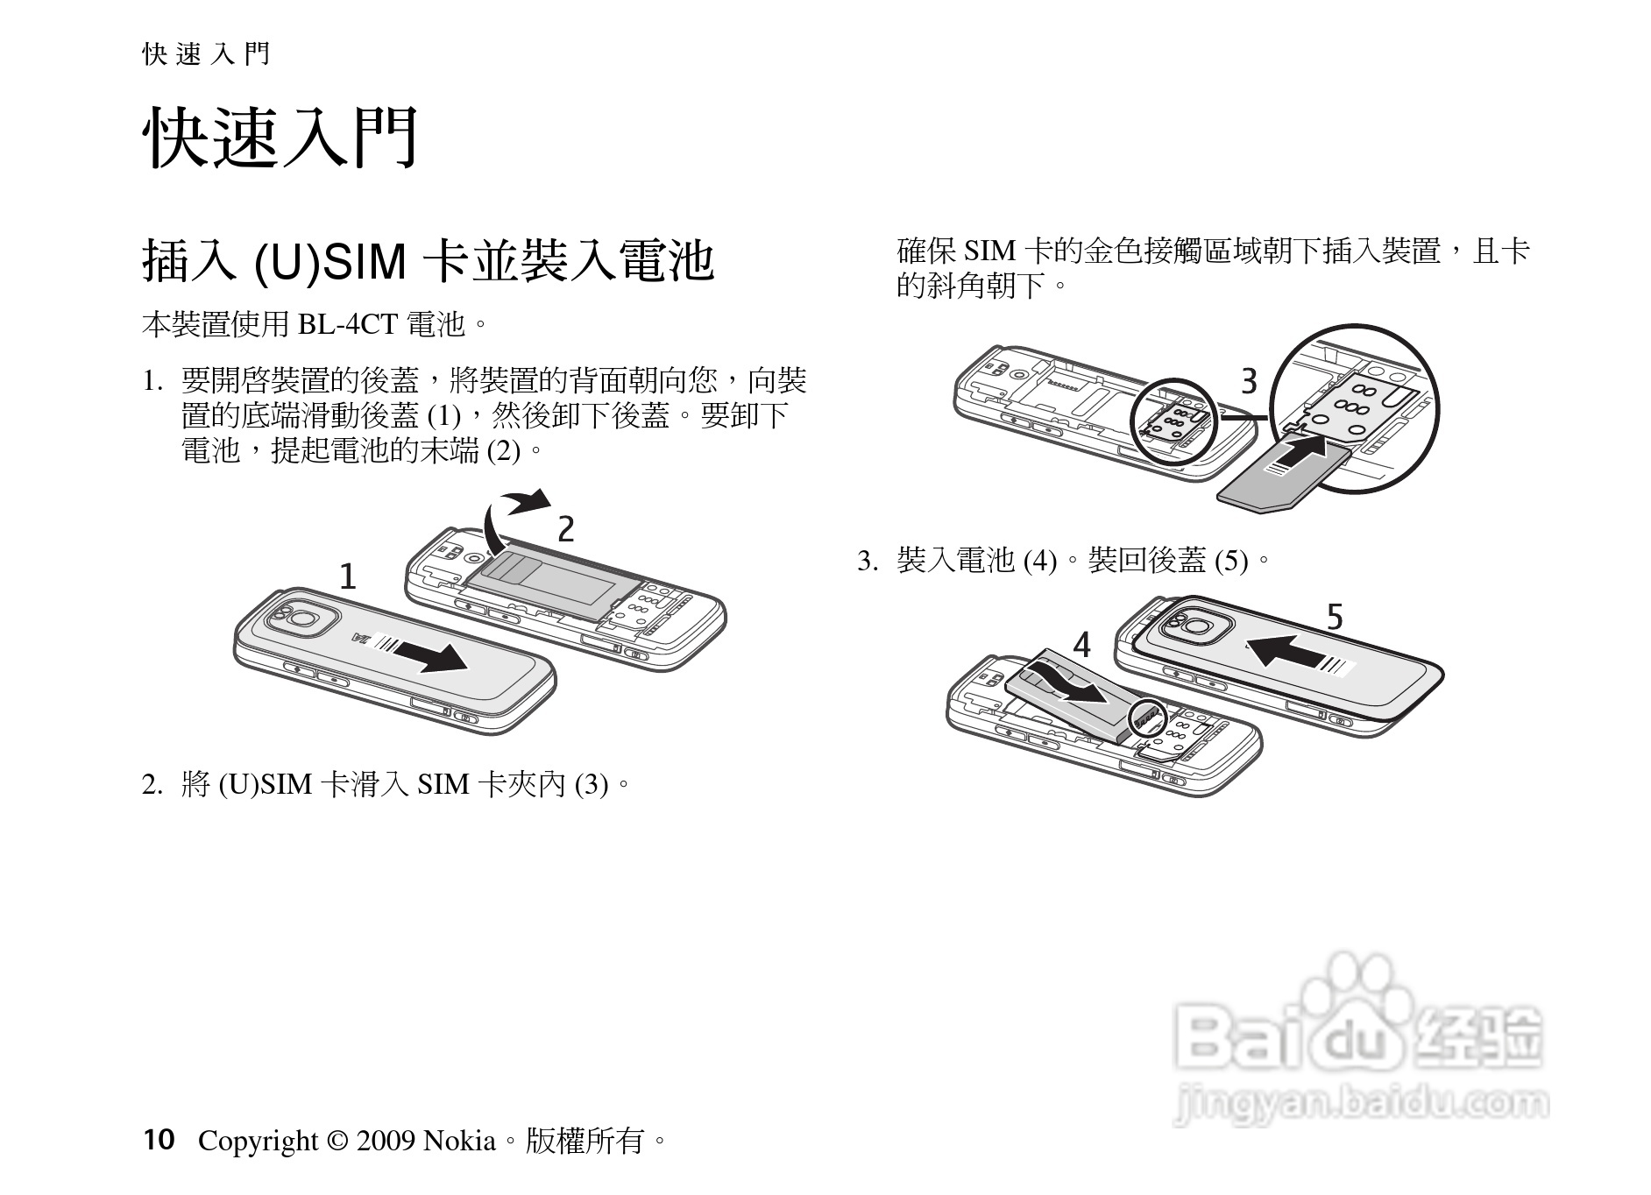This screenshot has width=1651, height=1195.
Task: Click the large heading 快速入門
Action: tap(280, 138)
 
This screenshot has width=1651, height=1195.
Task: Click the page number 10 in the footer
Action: tap(159, 1140)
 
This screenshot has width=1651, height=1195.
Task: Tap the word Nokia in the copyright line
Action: tap(459, 1141)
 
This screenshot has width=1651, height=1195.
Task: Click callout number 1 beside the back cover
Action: tap(348, 576)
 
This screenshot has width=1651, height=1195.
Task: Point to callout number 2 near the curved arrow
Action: tap(566, 529)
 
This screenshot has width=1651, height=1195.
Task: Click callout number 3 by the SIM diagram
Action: tap(1249, 382)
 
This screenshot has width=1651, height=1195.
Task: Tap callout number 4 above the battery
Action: tap(1082, 645)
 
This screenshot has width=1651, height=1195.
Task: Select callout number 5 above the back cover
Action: tap(1334, 618)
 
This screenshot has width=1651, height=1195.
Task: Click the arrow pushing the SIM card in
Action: tap(1299, 455)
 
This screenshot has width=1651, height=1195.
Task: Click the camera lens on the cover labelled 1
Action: tap(302, 619)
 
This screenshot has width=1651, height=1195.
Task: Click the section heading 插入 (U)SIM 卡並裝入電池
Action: tap(429, 261)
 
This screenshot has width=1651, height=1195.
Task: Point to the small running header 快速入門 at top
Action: tap(206, 55)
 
